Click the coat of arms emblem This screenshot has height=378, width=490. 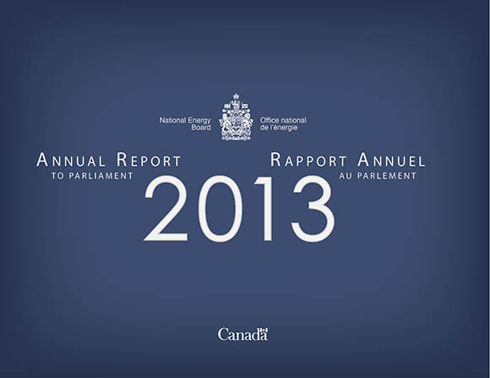pos(236,117)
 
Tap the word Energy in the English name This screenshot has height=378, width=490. pos(199,121)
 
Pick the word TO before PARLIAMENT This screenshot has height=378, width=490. pos(57,176)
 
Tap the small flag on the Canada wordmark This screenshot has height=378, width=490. pos(263,331)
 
